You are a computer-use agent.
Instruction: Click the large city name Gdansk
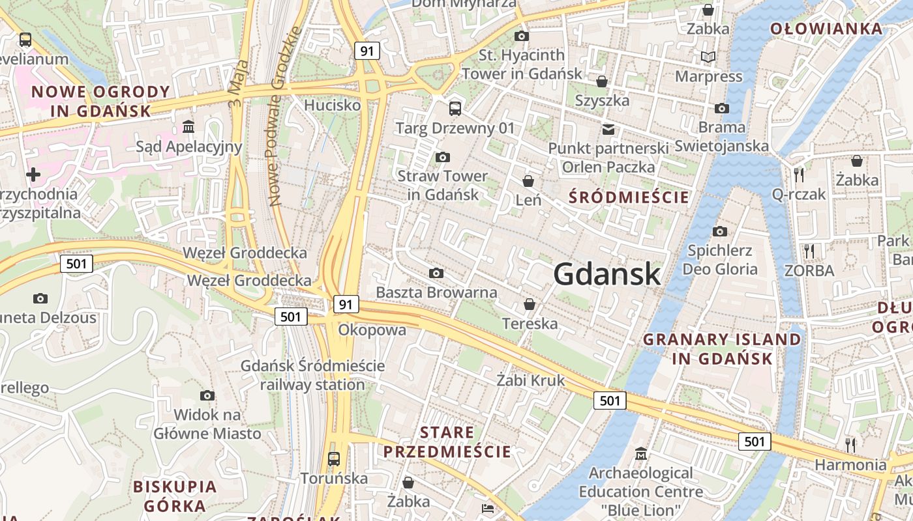607,274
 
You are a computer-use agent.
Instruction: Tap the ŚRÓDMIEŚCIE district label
629,197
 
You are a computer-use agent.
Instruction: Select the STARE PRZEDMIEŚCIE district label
447,442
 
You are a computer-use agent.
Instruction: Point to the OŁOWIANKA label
826,29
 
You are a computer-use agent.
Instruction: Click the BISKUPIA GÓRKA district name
175,496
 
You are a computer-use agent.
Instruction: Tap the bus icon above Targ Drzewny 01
455,108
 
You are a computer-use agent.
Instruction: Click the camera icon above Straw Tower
443,157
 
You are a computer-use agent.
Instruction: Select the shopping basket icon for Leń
528,180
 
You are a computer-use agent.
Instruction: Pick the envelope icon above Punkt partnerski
608,129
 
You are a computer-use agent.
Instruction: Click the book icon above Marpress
708,57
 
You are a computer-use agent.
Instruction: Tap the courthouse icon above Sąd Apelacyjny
188,126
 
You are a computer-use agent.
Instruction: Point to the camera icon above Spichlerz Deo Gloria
720,231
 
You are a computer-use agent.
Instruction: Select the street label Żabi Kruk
530,380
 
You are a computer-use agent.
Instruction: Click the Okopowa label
372,330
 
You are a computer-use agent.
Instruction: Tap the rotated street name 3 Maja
239,84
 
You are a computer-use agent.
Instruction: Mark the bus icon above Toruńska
334,458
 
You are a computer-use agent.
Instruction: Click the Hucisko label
333,105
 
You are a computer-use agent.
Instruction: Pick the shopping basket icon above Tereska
530,304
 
